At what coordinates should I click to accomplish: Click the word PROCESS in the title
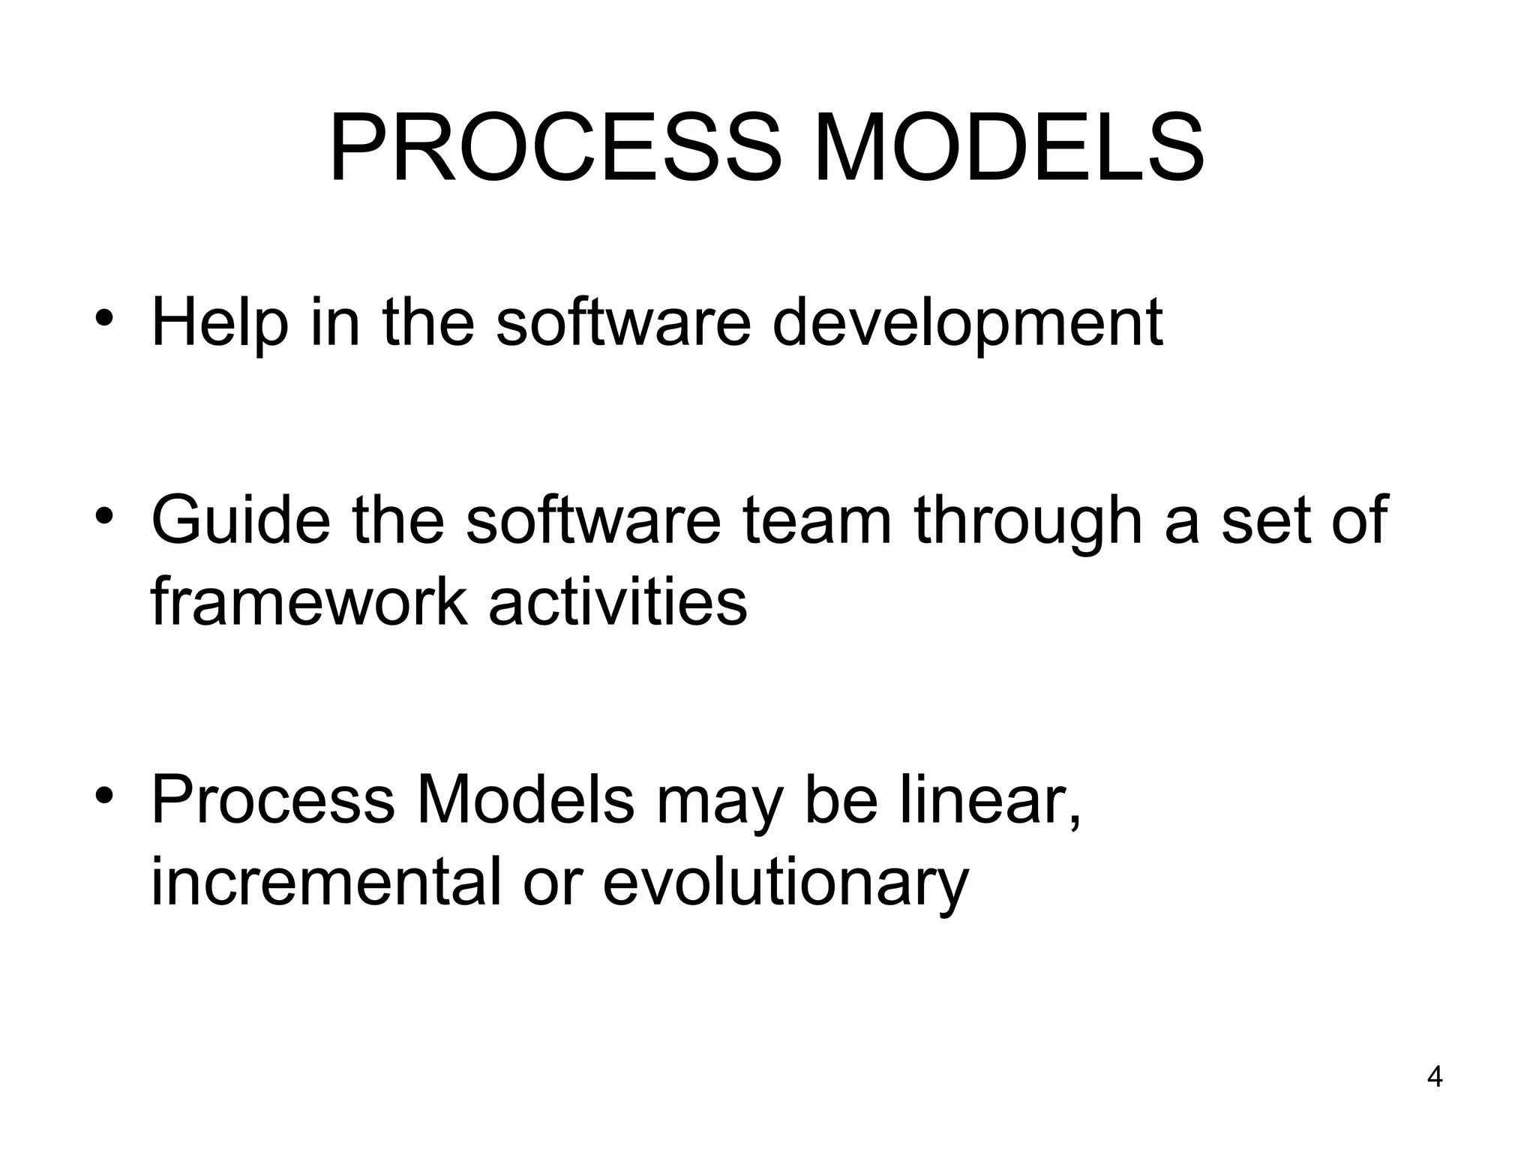(555, 148)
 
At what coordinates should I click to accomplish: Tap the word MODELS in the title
(1009, 148)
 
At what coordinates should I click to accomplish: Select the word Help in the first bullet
(219, 324)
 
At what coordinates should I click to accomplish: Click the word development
(967, 324)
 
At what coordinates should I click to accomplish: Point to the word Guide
(240, 520)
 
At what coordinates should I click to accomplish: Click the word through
(1027, 520)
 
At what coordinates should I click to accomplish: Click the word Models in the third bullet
(524, 800)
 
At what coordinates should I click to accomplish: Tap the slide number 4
(1434, 1077)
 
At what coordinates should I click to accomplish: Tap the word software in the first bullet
(622, 324)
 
